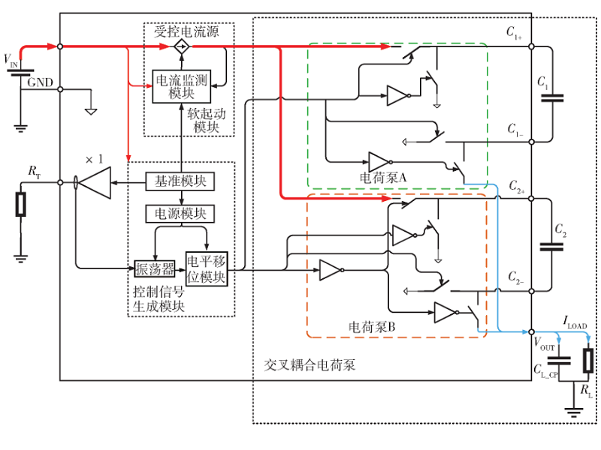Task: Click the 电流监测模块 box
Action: point(181,85)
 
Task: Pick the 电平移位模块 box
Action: point(206,269)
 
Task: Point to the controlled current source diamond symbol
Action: point(181,47)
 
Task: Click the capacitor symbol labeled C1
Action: point(552,95)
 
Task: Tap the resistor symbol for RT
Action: point(21,204)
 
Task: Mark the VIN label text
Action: point(12,58)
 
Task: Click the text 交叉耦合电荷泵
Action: point(310,364)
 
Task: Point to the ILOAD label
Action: point(575,323)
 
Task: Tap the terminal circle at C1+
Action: point(532,47)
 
